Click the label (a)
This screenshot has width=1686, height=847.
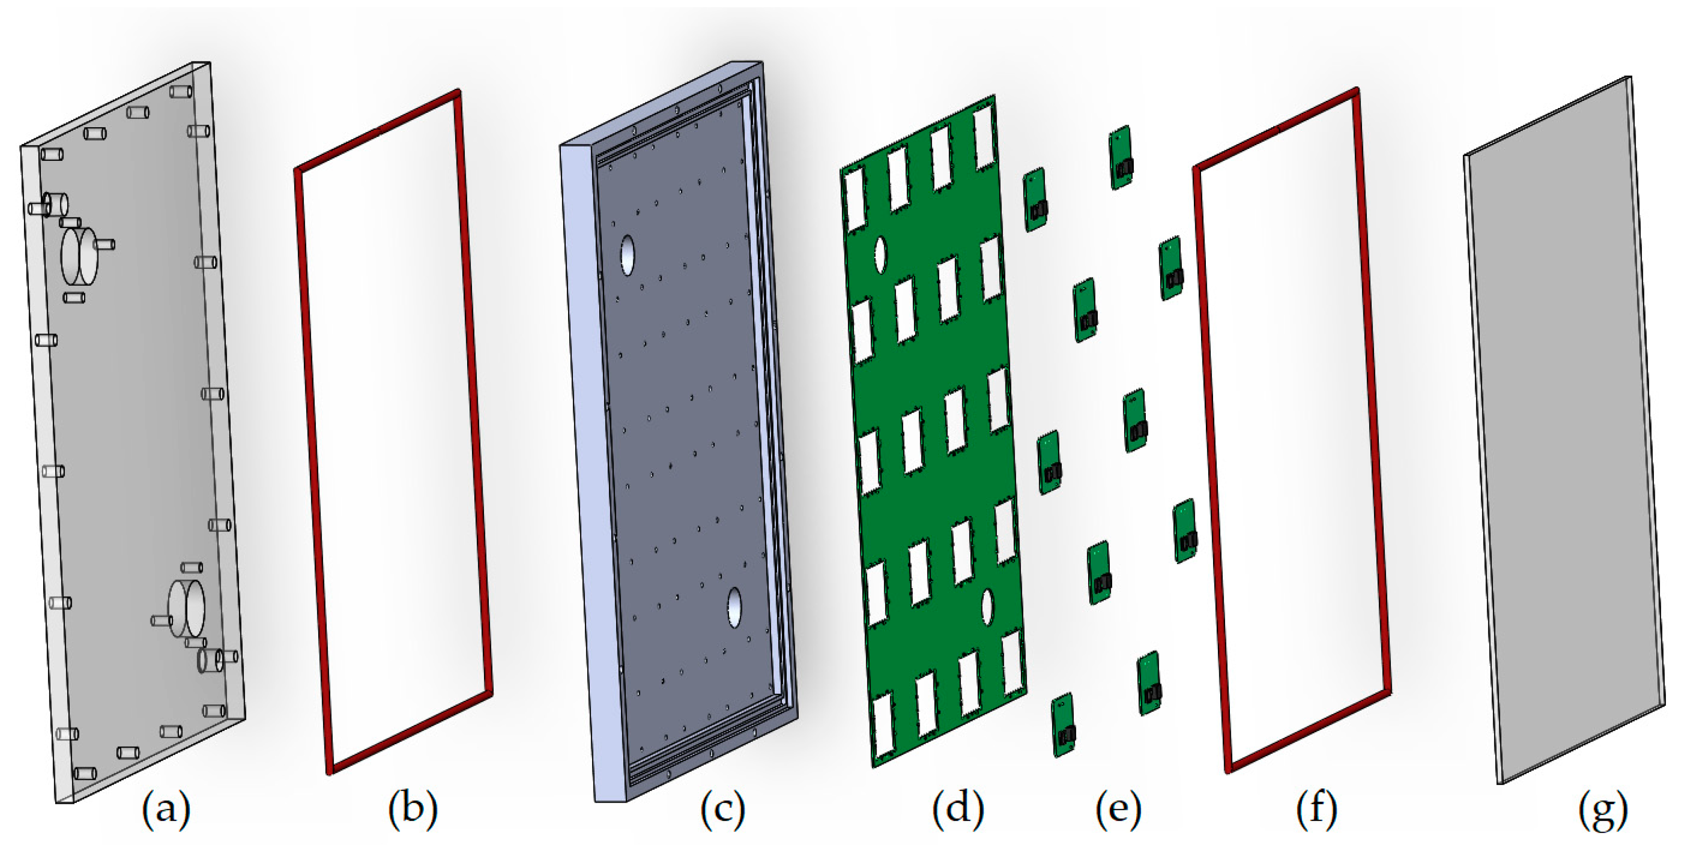(166, 809)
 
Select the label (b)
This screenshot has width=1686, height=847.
(413, 809)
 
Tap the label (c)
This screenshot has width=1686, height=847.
(722, 809)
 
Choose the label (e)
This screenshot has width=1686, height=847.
(1118, 809)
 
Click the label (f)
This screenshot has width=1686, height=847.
(1317, 809)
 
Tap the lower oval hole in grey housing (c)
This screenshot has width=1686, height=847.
(734, 607)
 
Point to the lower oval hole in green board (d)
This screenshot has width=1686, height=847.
(987, 606)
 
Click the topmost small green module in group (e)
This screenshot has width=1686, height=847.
(1122, 157)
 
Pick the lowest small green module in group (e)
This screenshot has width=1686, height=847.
(1064, 725)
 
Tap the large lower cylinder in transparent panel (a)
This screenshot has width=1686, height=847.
(186, 607)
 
